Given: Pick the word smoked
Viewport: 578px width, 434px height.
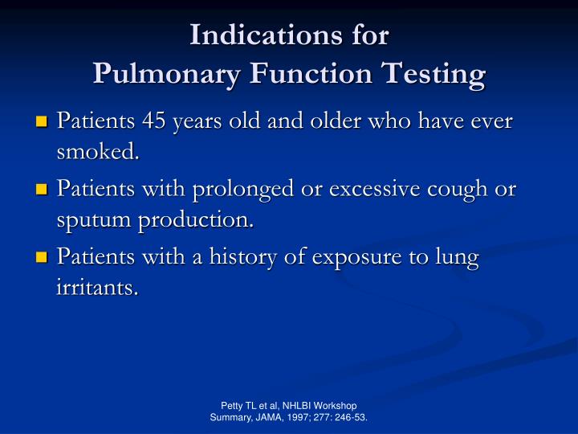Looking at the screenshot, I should (x=97, y=152).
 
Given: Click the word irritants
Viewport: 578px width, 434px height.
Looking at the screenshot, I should (x=97, y=287).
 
